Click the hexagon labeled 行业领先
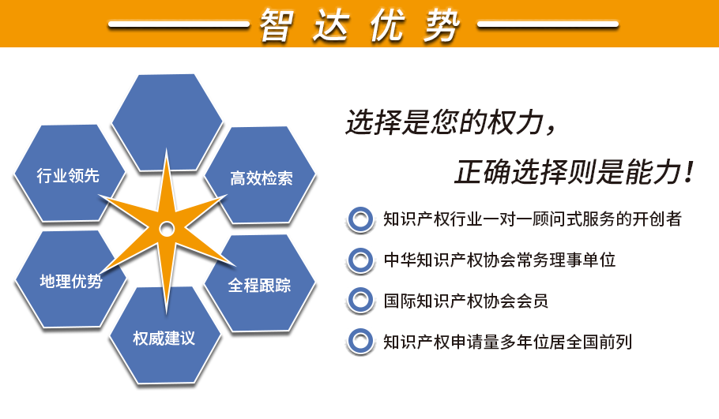(x=69, y=173)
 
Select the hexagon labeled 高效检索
(x=260, y=175)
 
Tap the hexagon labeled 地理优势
(x=70, y=279)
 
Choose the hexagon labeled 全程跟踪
(x=259, y=283)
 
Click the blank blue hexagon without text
(x=168, y=122)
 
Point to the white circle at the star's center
(x=167, y=229)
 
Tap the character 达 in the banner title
(x=332, y=25)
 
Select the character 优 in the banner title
(x=387, y=25)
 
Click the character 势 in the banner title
(x=442, y=25)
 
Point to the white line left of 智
(x=179, y=24)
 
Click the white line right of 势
(x=548, y=24)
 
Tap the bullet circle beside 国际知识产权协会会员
(x=360, y=301)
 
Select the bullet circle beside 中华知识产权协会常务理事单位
(x=360, y=260)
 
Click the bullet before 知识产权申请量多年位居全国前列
(x=360, y=341)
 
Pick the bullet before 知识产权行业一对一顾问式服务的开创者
(x=360, y=219)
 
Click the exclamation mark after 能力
(x=689, y=172)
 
